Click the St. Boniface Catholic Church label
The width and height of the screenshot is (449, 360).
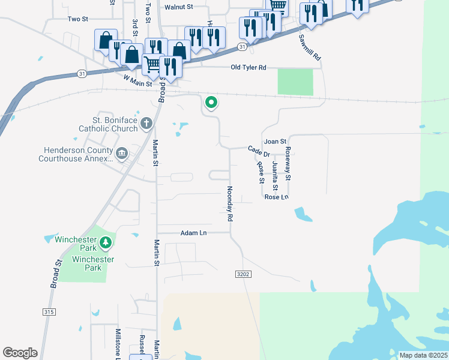point(107,124)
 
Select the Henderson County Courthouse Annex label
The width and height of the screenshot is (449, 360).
point(76,154)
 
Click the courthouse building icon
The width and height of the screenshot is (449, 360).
point(122,154)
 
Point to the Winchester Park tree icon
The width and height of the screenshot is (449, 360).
point(106,242)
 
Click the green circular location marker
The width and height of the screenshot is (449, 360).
point(211,103)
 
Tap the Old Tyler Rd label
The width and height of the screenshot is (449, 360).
point(248,68)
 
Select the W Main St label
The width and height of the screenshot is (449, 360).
point(137,80)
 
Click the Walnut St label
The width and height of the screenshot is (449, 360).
point(178,7)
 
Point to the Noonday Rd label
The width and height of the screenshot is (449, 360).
point(229,204)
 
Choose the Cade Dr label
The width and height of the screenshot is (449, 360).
point(259,151)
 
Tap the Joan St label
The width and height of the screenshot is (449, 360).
point(276,142)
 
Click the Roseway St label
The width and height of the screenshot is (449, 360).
point(288,164)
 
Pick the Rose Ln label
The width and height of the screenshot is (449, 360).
point(277,197)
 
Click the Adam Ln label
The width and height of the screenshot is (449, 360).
point(194,233)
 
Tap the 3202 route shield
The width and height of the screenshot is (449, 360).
point(242,274)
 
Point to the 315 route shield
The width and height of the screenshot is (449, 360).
point(49,312)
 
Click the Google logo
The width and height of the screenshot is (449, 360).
point(20,353)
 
